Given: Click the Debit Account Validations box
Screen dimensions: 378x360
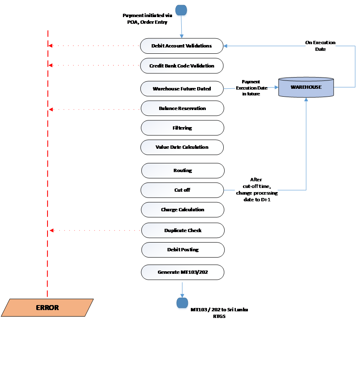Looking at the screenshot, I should pyautogui.click(x=182, y=46).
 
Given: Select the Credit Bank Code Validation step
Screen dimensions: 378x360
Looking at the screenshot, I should pyautogui.click(x=182, y=66).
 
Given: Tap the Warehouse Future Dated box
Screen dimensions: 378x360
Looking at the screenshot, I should pyautogui.click(x=182, y=89).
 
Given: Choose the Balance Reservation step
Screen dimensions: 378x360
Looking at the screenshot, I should pyautogui.click(x=182, y=108).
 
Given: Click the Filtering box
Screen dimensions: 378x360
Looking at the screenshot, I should pyautogui.click(x=182, y=128).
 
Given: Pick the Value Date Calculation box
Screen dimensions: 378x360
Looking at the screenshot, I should pyautogui.click(x=182, y=147).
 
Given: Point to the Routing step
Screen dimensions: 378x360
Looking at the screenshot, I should pyautogui.click(x=182, y=170).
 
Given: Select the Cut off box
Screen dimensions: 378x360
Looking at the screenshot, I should pyautogui.click(x=182, y=190).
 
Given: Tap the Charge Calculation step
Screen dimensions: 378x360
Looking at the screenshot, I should pyautogui.click(x=182, y=210).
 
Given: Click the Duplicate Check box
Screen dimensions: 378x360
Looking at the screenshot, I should pyautogui.click(x=183, y=230).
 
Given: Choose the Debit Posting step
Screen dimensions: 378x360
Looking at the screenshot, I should pyautogui.click(x=183, y=250).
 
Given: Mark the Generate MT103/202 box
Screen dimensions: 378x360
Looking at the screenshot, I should pyautogui.click(x=182, y=272).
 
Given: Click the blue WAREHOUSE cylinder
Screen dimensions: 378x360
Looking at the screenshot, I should pyautogui.click(x=306, y=88).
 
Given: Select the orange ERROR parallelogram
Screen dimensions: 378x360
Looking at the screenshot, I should pyautogui.click(x=47, y=308).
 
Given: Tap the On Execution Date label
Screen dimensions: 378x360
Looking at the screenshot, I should pyautogui.click(x=320, y=46).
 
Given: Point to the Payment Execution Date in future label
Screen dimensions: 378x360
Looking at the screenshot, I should pyautogui.click(x=251, y=88).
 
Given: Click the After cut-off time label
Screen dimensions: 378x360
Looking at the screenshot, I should pyautogui.click(x=256, y=190).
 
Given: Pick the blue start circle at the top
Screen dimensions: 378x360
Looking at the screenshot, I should pyautogui.click(x=181, y=10).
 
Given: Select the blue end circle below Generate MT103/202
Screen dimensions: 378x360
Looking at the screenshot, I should pyautogui.click(x=182, y=303).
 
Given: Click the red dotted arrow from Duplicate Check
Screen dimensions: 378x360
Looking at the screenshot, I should pyautogui.click(x=96, y=230).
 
